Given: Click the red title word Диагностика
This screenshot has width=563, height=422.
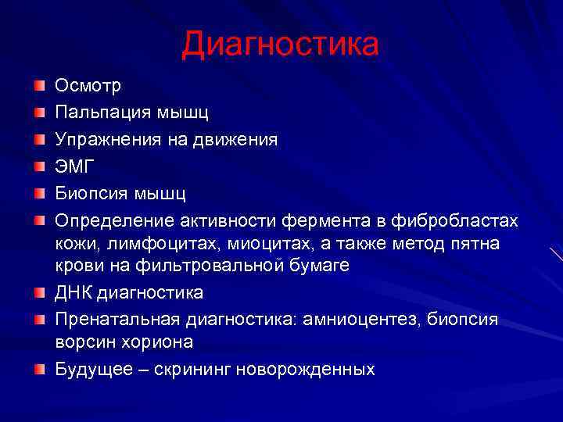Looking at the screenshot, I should [x=280, y=44].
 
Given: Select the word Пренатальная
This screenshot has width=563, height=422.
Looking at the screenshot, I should [x=117, y=320].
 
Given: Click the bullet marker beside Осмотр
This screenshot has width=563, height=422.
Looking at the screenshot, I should [x=38, y=85].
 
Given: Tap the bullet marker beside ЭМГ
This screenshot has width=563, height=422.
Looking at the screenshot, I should [x=38, y=166].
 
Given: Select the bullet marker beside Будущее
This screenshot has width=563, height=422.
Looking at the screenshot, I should [x=38, y=369].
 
